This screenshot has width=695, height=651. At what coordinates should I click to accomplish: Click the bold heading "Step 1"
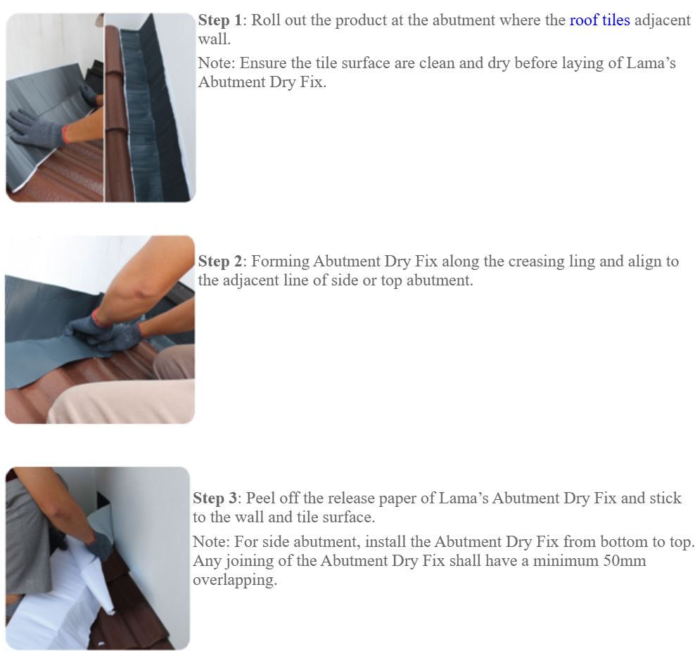click(220, 20)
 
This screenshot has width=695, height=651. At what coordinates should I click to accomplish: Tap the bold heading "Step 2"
click(220, 262)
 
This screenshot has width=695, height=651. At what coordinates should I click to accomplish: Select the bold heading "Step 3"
click(215, 498)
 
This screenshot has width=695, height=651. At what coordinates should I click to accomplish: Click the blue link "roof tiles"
click(600, 20)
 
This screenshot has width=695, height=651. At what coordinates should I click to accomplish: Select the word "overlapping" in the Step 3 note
click(235, 580)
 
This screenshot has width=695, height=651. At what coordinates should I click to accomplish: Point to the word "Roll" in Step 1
click(266, 20)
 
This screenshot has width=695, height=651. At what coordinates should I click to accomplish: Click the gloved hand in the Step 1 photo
click(35, 129)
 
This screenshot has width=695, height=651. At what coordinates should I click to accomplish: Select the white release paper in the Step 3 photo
click(67, 589)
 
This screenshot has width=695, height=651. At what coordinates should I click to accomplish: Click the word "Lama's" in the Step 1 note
click(651, 63)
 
